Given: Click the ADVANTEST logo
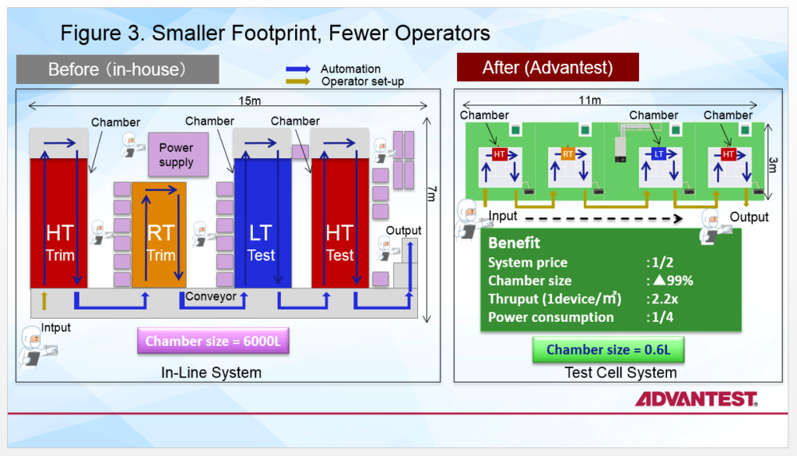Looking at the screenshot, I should click(696, 399).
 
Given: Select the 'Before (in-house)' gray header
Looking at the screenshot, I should click(118, 69).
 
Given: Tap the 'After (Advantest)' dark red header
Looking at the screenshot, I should click(547, 67).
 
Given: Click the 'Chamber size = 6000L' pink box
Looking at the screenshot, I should click(212, 341).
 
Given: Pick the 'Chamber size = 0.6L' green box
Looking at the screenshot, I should click(607, 349).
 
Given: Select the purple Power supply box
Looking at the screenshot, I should click(176, 155).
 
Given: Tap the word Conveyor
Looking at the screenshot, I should click(210, 297).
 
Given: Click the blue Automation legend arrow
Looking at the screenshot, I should click(300, 69).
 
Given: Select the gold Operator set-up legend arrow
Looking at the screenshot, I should click(300, 81).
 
